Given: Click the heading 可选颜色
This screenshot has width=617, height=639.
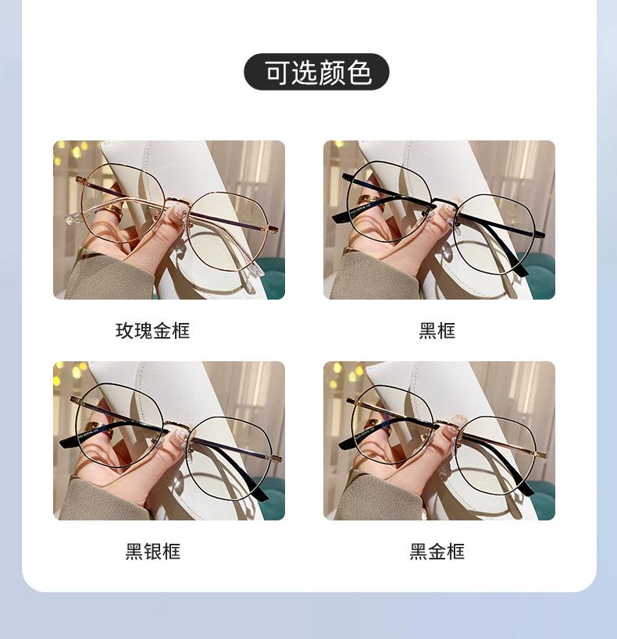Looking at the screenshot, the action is click(x=316, y=72).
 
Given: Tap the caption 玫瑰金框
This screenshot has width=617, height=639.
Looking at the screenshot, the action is click(x=152, y=331).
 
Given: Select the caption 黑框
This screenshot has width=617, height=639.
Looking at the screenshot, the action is click(x=437, y=331).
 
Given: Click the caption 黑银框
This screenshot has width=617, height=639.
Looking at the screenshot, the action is click(x=152, y=552).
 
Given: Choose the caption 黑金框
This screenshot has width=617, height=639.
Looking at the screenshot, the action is click(x=437, y=552).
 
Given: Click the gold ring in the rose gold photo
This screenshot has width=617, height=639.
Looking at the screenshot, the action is click(x=112, y=210).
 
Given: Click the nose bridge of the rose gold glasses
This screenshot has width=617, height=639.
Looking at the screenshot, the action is click(x=177, y=201).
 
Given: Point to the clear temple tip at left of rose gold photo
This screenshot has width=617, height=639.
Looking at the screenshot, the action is click(x=74, y=218).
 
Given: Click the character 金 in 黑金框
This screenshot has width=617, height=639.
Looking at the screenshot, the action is click(x=437, y=552).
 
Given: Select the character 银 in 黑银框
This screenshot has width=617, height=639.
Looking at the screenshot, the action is click(x=152, y=552).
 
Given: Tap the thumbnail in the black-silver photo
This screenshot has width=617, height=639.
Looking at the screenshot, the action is click(x=179, y=437).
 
